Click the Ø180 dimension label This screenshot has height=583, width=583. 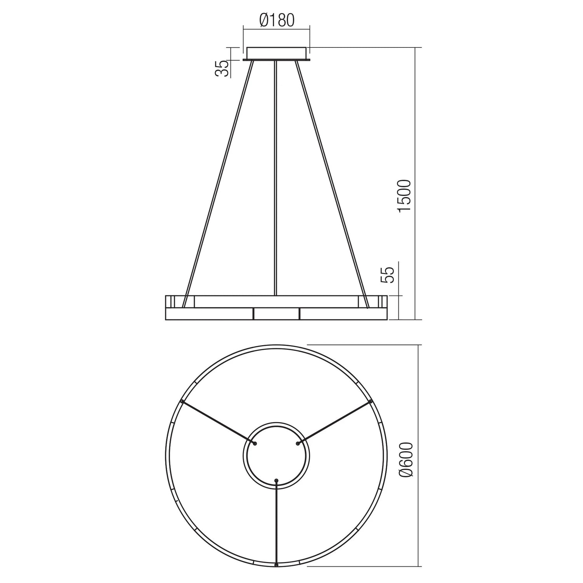click(x=277, y=20)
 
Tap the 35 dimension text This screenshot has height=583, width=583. click(x=222, y=69)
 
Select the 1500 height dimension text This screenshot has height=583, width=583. click(x=404, y=196)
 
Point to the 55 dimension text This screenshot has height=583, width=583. click(x=389, y=274)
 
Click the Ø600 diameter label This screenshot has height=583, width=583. click(x=404, y=460)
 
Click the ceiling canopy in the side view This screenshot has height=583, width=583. click(x=276, y=54)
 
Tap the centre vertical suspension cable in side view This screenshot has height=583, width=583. click(x=276, y=178)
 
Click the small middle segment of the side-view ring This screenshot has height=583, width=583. click(x=276, y=314)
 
